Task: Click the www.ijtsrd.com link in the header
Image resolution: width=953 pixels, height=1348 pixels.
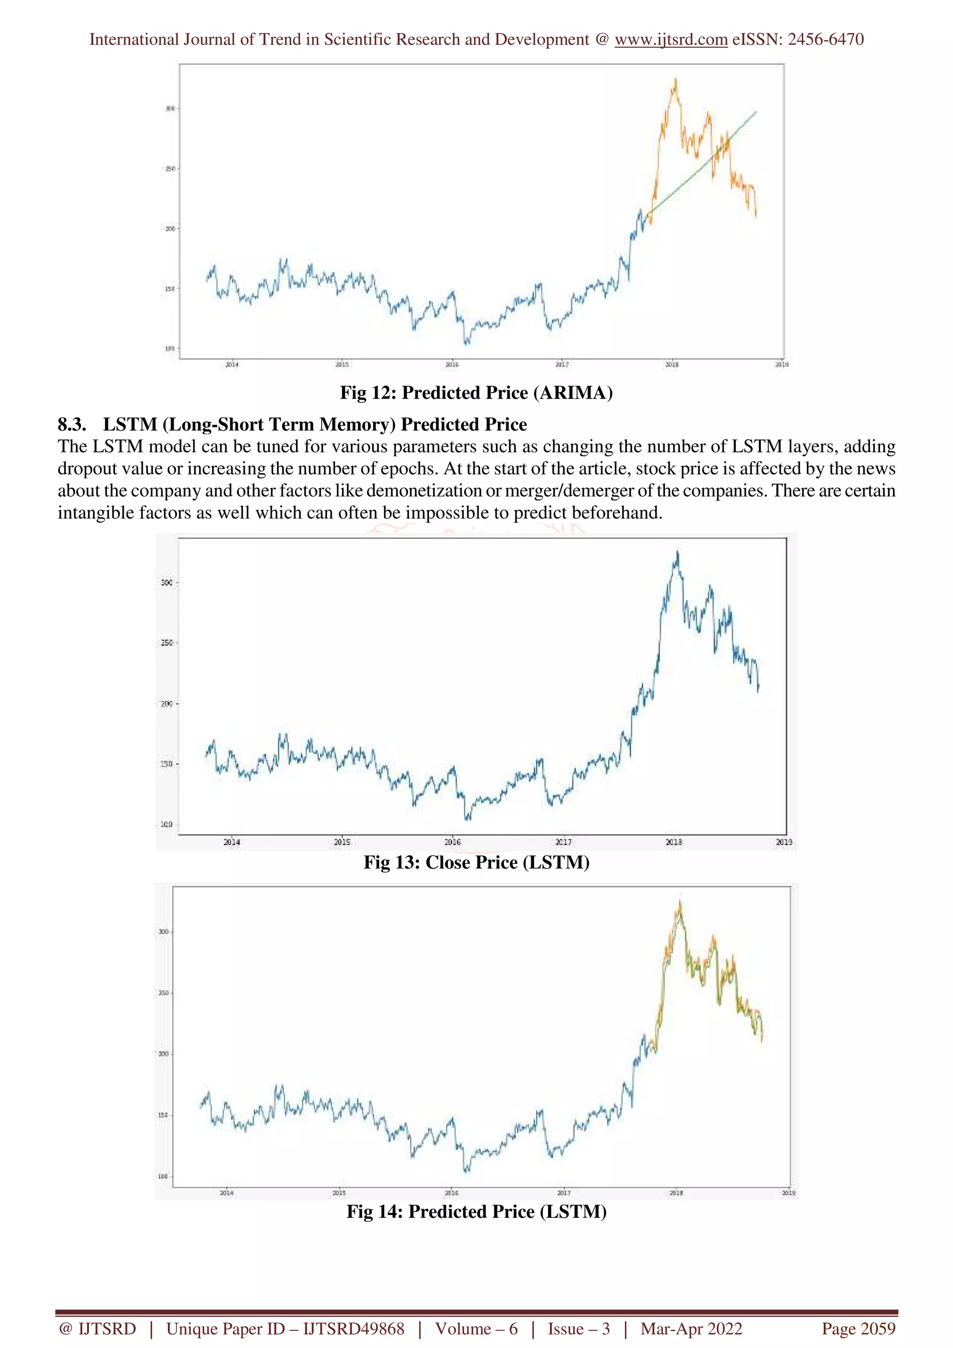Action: [x=671, y=40]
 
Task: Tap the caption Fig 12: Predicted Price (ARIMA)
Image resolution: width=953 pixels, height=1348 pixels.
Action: [x=476, y=392]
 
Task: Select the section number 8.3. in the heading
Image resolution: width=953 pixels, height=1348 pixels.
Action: [x=72, y=425]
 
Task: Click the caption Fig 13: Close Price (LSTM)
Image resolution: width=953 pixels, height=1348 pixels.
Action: [x=476, y=862]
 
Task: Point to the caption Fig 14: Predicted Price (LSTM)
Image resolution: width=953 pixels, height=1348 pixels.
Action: [x=476, y=1211]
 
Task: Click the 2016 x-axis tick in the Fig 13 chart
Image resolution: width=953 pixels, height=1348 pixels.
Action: [x=453, y=842]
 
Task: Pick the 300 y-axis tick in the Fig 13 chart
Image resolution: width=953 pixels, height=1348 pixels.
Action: [x=167, y=582]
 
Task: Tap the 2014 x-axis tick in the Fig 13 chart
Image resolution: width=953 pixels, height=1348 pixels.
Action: [x=232, y=842]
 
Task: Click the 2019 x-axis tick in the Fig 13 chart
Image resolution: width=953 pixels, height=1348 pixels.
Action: [x=784, y=842]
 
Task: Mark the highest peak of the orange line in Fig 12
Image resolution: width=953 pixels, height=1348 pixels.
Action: [x=675, y=79]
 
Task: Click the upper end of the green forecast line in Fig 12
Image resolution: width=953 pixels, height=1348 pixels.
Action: [x=756, y=112]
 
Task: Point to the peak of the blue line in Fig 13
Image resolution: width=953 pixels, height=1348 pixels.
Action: [x=678, y=552]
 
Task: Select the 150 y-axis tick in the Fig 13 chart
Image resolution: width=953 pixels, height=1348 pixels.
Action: [x=167, y=764]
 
